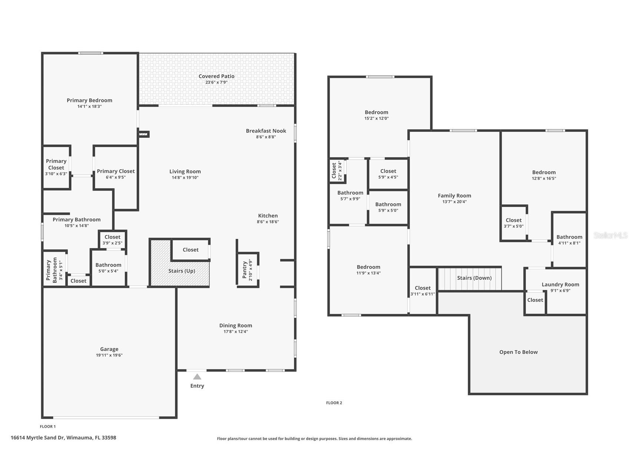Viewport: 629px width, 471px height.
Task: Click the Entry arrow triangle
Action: (x=197, y=377)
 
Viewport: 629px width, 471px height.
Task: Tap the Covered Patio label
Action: (x=216, y=76)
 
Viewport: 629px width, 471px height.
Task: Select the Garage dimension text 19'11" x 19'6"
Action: (x=109, y=355)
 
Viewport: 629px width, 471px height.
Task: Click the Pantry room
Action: (x=248, y=270)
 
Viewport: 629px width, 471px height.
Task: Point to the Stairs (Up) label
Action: (x=182, y=271)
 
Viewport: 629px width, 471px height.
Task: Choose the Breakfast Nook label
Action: (x=266, y=131)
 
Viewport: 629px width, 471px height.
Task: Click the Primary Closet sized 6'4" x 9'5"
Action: (x=116, y=174)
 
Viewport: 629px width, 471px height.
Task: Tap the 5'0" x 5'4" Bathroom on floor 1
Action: (x=108, y=267)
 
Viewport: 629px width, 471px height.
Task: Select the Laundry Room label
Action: (x=560, y=284)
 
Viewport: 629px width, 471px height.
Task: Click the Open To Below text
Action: (x=518, y=352)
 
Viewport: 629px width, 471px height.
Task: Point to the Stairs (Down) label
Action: (x=474, y=278)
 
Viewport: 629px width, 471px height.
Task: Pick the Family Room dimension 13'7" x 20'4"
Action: (x=454, y=202)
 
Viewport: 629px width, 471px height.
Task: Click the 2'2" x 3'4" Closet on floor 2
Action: (x=337, y=171)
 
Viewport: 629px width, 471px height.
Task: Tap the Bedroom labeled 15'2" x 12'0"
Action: (x=376, y=115)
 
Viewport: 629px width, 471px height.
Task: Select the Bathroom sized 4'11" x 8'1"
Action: (x=569, y=240)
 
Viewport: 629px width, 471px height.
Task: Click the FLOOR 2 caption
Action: (x=334, y=403)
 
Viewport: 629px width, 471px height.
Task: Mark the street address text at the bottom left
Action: (x=63, y=438)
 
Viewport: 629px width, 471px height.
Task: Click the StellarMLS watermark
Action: (x=610, y=235)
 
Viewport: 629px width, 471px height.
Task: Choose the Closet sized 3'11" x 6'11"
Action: (x=423, y=291)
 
